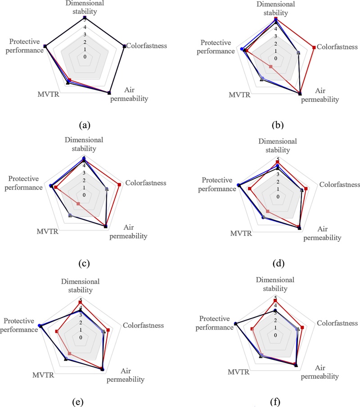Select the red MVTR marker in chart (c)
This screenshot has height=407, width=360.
(x=78, y=204)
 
